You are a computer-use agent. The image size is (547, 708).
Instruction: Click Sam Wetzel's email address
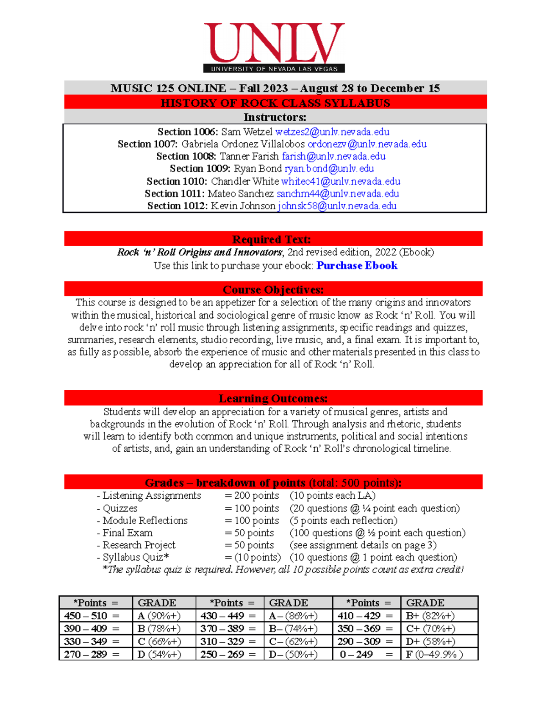(x=332, y=132)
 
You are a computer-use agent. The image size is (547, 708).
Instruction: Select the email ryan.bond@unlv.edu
(x=329, y=169)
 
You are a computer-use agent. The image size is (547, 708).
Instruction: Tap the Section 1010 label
(x=176, y=181)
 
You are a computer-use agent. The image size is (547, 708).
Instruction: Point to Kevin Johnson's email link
(x=337, y=206)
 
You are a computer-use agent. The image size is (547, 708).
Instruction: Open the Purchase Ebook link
(x=357, y=266)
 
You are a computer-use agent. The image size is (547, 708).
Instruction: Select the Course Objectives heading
(x=273, y=290)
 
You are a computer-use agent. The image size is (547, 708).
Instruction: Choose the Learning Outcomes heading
(x=273, y=398)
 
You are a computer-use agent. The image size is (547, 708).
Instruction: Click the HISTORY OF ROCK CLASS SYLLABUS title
(x=275, y=103)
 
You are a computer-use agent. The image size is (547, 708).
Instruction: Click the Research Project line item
(x=139, y=545)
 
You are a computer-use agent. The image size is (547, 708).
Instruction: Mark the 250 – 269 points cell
(x=222, y=655)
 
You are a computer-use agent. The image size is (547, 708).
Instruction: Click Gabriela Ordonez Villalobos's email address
(x=367, y=145)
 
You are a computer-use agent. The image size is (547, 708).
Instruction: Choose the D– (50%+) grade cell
(x=293, y=655)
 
